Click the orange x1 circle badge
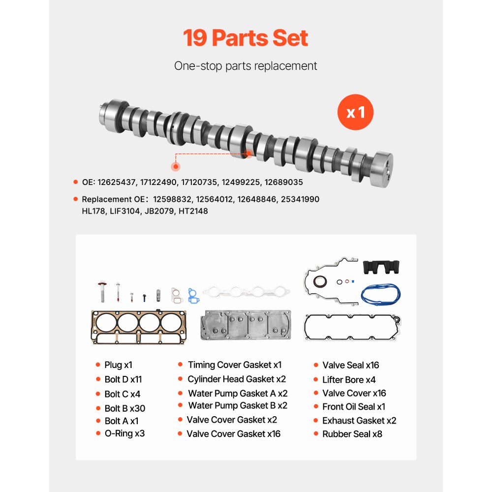355,113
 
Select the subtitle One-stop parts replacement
246,66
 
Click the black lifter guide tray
382,268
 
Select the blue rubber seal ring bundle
380,294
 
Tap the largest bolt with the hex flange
102,291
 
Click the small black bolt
145,298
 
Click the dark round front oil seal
320,283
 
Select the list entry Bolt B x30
124,408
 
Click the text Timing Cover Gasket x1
235,365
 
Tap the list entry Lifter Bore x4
349,380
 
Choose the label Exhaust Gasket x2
359,421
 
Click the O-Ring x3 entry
124,433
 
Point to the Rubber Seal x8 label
352,434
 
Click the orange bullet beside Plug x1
97,365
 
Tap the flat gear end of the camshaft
383,167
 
